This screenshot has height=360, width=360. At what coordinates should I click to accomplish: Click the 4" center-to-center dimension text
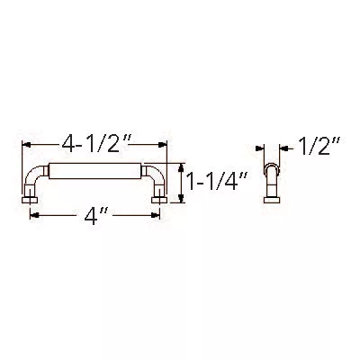coord(95,216)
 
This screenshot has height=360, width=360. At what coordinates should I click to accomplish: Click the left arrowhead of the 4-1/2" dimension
coord(26,144)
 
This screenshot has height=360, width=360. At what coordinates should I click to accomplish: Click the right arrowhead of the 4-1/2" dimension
coord(163,144)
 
